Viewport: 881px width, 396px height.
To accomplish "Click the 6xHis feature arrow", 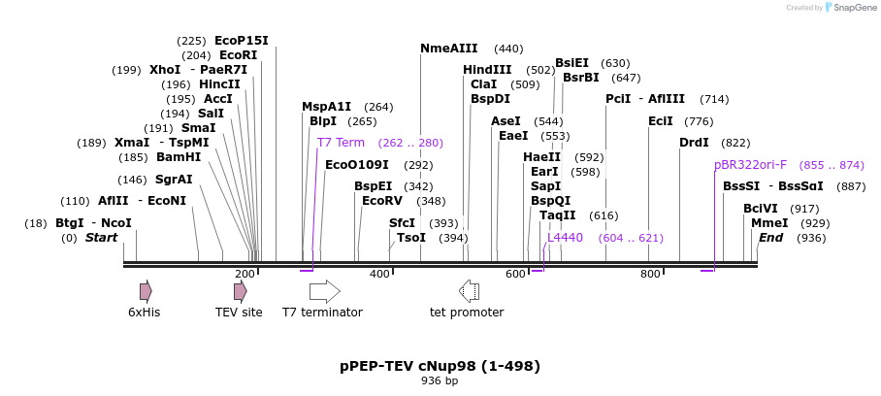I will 146,291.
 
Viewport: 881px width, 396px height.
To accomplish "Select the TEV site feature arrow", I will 240,291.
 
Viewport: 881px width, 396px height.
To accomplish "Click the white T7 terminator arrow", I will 324,291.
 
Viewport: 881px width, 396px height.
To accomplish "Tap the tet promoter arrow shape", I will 469,291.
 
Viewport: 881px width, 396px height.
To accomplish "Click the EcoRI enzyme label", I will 238,55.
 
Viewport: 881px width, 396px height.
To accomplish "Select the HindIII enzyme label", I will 487,70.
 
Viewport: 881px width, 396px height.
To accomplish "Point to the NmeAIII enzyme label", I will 449,49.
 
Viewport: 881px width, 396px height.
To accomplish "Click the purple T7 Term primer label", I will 341,142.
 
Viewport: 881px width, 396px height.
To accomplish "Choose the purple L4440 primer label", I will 565,237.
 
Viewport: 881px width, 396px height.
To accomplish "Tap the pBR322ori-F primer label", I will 750,165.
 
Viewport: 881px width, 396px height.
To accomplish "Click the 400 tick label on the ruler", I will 379,275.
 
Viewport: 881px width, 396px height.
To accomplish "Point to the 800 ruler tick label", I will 650,275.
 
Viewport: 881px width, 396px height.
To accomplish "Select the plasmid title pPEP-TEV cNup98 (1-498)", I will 440,366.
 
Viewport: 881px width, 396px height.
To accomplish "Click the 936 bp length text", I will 440,380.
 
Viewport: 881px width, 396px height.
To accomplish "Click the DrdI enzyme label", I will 694,143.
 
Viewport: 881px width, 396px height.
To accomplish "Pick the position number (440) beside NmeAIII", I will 508,49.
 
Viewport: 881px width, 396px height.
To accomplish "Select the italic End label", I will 770,238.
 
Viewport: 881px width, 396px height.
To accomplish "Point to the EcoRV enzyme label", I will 381,201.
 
